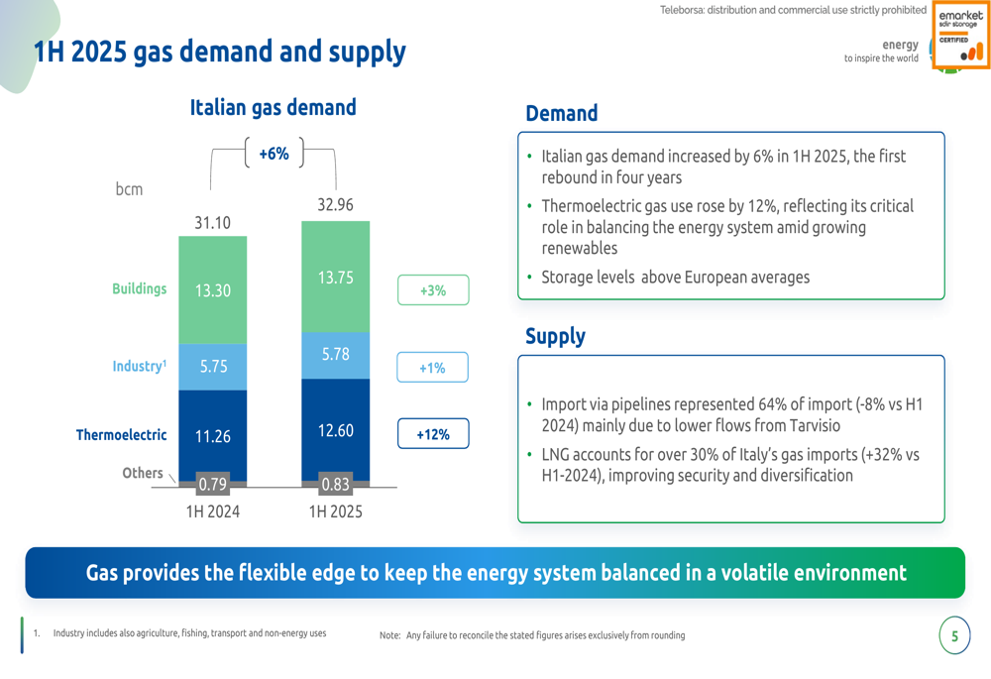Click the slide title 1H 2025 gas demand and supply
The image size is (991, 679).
coord(219,52)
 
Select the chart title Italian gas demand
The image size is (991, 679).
coord(273,107)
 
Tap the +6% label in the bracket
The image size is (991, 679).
coord(274,154)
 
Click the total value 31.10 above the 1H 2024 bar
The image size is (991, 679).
coord(212,223)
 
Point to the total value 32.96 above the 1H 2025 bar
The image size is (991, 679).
coord(335,205)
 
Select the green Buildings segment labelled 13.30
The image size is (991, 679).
coord(212,290)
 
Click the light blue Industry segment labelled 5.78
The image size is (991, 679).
coord(335,354)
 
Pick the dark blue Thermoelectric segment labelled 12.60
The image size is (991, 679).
coord(335,430)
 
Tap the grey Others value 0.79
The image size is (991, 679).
coord(212,485)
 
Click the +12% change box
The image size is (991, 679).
coord(432,434)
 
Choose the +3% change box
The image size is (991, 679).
coord(432,290)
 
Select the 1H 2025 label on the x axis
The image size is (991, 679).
coord(335,512)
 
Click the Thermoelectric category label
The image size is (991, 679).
coord(121,434)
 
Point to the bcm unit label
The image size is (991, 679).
coord(129,189)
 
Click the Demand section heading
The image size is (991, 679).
coord(561,114)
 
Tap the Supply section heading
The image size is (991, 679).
coord(555,336)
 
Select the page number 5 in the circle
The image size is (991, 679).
coord(954,636)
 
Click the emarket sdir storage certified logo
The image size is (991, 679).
coord(960,38)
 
